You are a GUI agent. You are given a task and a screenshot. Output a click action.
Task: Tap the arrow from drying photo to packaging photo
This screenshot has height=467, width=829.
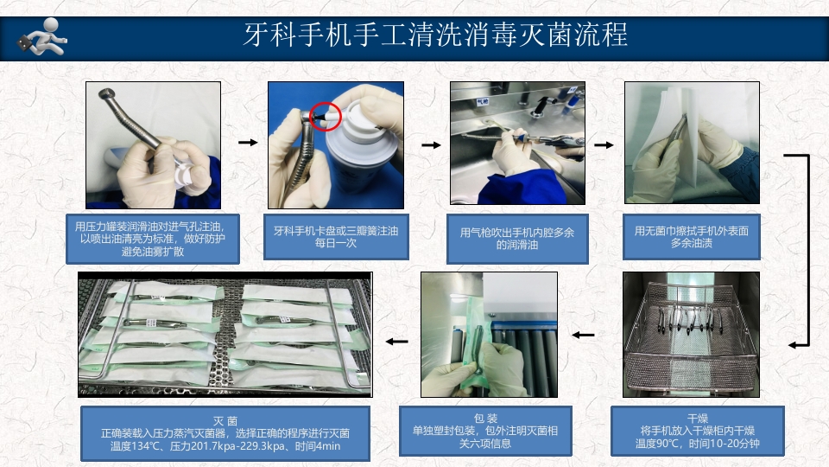584,335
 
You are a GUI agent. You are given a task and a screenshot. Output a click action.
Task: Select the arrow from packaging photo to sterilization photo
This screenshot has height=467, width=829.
396,341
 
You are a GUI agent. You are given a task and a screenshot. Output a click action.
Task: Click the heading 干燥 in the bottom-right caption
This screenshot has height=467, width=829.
698,417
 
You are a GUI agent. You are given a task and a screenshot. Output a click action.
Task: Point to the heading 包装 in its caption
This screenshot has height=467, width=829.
486,417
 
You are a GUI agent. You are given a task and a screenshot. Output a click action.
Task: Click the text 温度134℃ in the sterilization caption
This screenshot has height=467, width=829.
127,446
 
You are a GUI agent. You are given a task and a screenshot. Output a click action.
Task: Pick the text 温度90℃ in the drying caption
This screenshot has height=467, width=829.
658,445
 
